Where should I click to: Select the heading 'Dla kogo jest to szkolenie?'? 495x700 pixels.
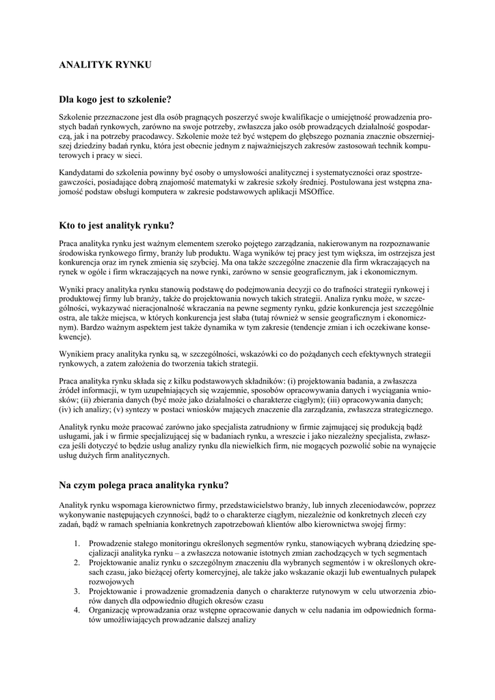[x=115, y=100]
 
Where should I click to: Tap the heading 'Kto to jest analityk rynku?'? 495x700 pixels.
[x=117, y=225]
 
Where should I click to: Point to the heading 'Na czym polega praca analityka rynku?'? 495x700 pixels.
[x=144, y=485]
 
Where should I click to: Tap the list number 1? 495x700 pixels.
[x=77, y=543]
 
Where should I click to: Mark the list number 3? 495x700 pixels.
[x=77, y=591]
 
